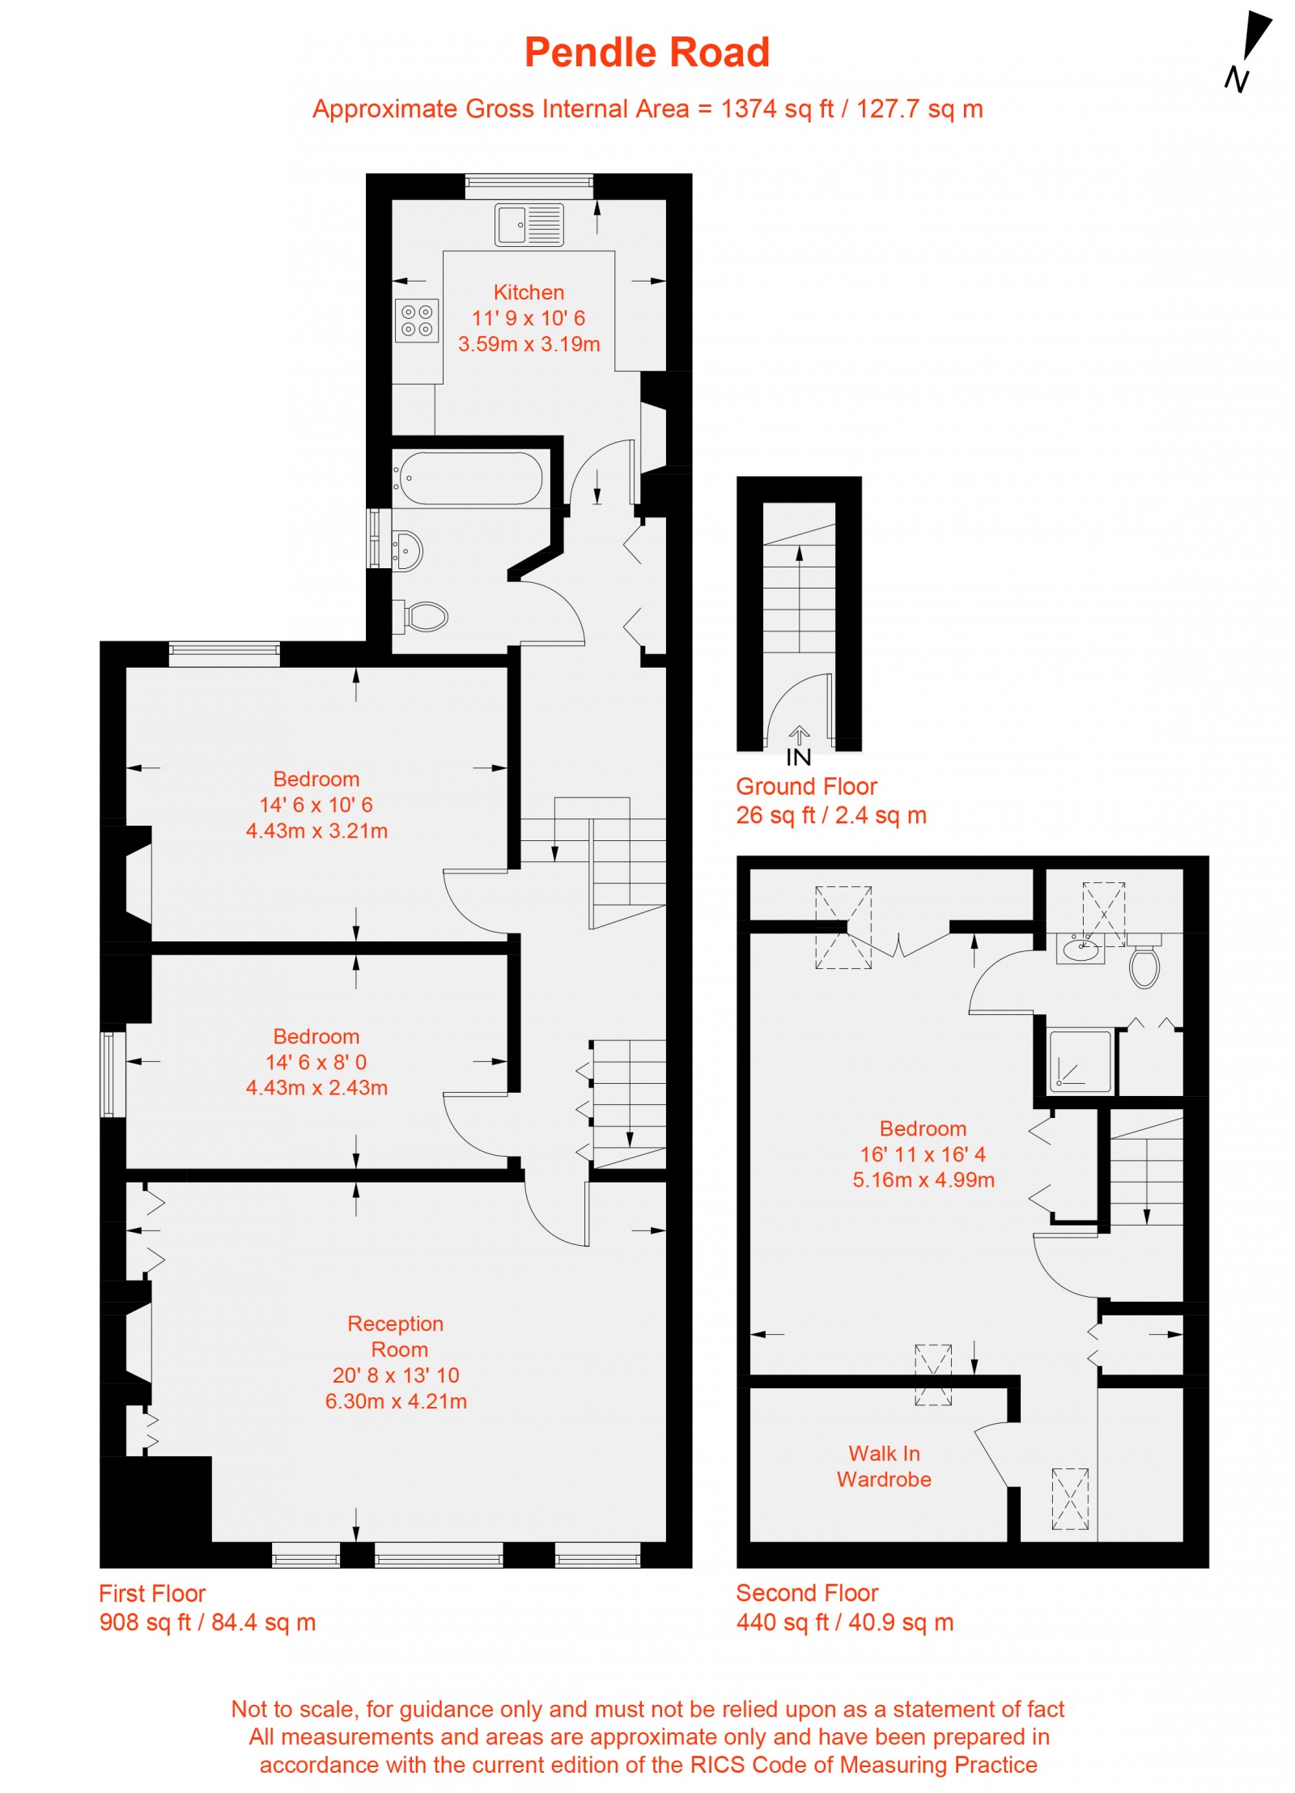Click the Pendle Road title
(x=646, y=53)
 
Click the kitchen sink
(x=529, y=224)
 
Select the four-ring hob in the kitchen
(x=417, y=320)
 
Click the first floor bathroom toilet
(x=424, y=617)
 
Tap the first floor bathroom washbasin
(x=409, y=551)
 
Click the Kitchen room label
(x=529, y=292)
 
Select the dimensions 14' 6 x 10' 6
(x=316, y=805)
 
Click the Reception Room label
(x=397, y=1336)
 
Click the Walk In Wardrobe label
(x=884, y=1466)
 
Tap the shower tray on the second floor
(x=1079, y=1060)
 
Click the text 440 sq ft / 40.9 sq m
(x=844, y=1622)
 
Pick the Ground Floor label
(x=806, y=786)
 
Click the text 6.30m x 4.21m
(x=396, y=1401)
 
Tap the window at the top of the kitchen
(x=529, y=186)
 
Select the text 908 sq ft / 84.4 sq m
(x=207, y=1622)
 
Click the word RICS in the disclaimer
(x=712, y=1765)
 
